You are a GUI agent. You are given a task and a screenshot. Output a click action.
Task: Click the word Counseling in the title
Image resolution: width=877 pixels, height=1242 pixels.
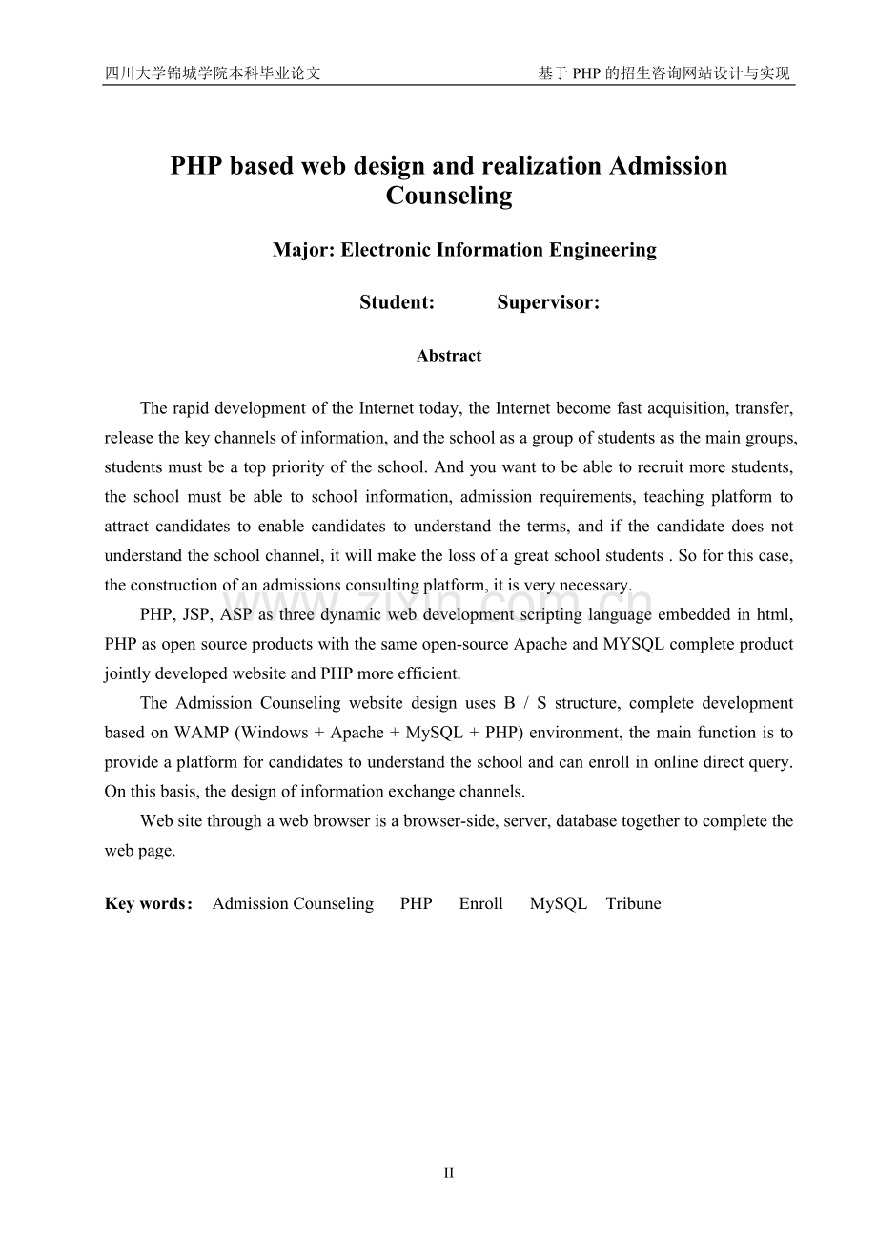(449, 196)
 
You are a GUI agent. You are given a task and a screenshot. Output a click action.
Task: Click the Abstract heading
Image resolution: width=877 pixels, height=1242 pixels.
(449, 356)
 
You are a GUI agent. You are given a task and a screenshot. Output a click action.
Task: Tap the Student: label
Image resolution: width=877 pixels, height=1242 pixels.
(397, 302)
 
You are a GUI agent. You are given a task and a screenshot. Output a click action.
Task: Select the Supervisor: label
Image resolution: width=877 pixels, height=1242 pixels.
(548, 302)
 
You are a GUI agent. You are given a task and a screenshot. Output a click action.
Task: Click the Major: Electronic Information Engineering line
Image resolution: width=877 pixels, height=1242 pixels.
(464, 250)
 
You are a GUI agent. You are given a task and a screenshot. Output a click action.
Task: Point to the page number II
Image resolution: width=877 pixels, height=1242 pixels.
(448, 1173)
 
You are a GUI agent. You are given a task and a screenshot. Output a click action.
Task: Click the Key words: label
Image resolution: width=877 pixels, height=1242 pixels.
(149, 904)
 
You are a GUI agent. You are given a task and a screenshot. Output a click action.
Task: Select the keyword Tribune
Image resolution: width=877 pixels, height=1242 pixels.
(633, 904)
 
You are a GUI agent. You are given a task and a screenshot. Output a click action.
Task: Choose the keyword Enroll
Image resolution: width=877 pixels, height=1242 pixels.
(480, 904)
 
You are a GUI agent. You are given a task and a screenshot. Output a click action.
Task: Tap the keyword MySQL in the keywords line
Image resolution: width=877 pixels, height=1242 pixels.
(558, 904)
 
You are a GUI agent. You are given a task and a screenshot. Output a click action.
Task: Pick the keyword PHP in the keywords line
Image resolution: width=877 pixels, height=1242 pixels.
(416, 904)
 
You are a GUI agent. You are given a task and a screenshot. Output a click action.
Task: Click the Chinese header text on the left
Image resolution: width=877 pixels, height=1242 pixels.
(212, 73)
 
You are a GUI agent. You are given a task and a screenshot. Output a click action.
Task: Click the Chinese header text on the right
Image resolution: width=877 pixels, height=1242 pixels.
(663, 73)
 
